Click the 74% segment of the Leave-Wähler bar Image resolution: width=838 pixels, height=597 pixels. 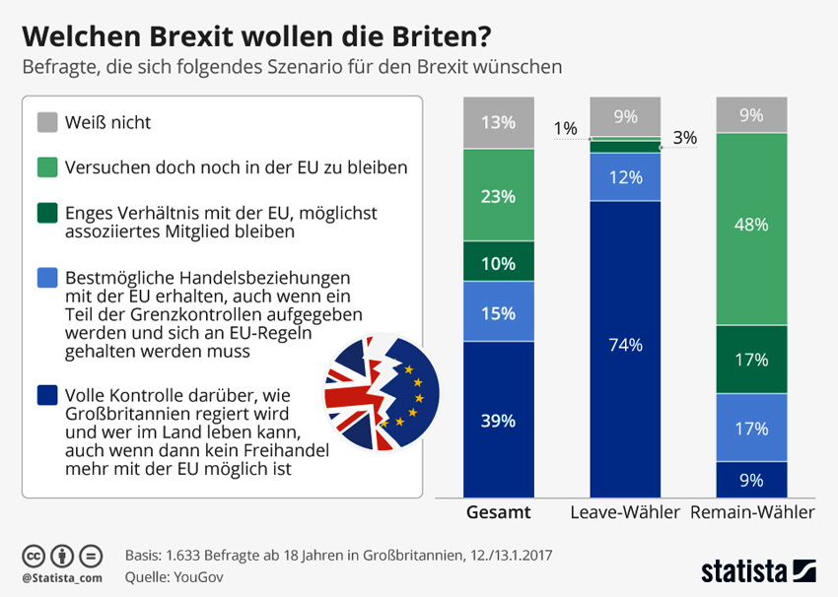626,345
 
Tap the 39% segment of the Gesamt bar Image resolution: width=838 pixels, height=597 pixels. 499,420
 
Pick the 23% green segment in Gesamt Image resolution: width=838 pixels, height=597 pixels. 499,196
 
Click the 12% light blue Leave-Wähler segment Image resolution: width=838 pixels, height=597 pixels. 626,177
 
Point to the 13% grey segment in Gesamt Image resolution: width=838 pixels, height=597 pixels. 499,123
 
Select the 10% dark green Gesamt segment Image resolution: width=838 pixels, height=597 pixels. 499,261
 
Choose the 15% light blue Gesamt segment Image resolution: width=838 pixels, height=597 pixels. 499,312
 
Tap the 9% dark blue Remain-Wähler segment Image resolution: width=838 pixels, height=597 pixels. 752,480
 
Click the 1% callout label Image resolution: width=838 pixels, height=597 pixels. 566,128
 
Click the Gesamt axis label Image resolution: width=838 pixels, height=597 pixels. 499,513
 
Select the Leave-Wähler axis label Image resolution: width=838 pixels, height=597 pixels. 626,513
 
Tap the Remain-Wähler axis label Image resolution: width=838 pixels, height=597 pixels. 752,513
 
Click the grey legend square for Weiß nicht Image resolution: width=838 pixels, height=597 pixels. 47,123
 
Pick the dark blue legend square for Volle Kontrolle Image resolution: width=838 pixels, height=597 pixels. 47,395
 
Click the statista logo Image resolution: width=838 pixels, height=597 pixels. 758,569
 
